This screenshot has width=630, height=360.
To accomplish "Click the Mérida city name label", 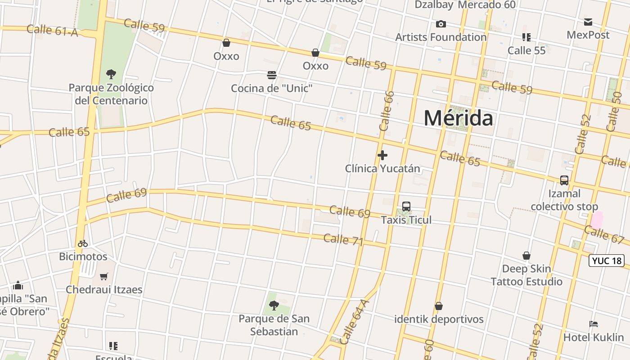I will [x=459, y=118].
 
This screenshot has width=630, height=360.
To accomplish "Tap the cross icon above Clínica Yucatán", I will [x=382, y=155].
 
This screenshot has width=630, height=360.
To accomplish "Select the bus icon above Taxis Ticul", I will [x=406, y=207].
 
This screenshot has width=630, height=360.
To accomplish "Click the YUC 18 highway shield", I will [x=606, y=261].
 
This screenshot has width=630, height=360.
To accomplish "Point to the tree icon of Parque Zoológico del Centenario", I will [x=111, y=74].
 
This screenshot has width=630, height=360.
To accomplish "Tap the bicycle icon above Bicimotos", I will [x=83, y=243].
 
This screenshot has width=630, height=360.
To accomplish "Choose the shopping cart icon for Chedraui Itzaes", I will [x=104, y=276].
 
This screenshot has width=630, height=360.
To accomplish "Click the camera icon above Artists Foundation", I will [x=441, y=24].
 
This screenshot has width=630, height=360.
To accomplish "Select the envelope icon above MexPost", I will [x=588, y=22].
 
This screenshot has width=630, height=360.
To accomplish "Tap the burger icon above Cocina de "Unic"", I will [x=271, y=75].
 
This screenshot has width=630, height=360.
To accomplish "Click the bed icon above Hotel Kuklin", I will [x=594, y=324].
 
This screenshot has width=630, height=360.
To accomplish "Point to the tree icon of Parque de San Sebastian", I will [x=274, y=306].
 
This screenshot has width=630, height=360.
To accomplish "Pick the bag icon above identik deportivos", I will [x=439, y=306].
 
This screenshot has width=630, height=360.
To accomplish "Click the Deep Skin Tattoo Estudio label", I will [x=526, y=275].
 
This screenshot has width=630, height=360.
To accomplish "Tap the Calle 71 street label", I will [x=343, y=239].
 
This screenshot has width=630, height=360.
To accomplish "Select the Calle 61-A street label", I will [x=52, y=31].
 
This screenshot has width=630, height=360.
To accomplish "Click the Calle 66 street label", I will [x=387, y=111].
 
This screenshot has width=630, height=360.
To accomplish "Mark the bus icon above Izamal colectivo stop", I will [x=564, y=180].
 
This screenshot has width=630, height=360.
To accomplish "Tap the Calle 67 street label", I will [x=604, y=235].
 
